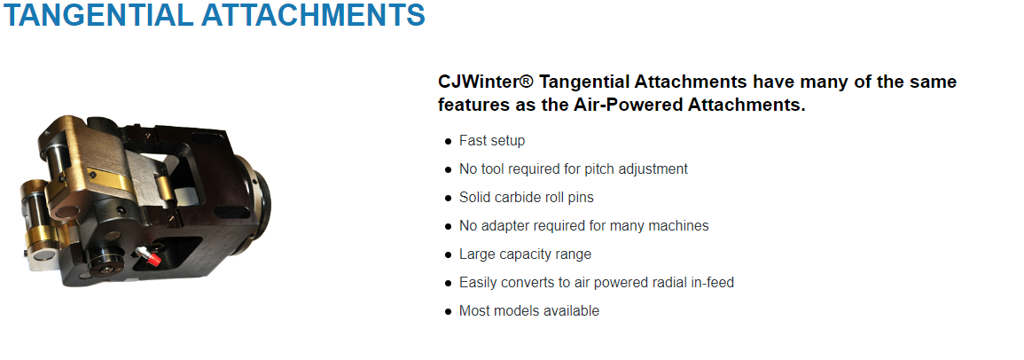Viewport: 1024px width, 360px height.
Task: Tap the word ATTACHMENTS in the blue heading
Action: [307, 14]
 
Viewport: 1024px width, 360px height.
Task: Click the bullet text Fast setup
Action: [492, 140]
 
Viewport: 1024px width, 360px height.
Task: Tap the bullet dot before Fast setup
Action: [448, 141]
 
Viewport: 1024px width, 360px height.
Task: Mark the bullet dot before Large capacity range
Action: [448, 254]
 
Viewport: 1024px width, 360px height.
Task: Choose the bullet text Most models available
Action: [529, 311]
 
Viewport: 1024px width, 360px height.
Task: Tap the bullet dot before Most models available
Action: [448, 311]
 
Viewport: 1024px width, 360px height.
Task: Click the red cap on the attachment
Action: [154, 259]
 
